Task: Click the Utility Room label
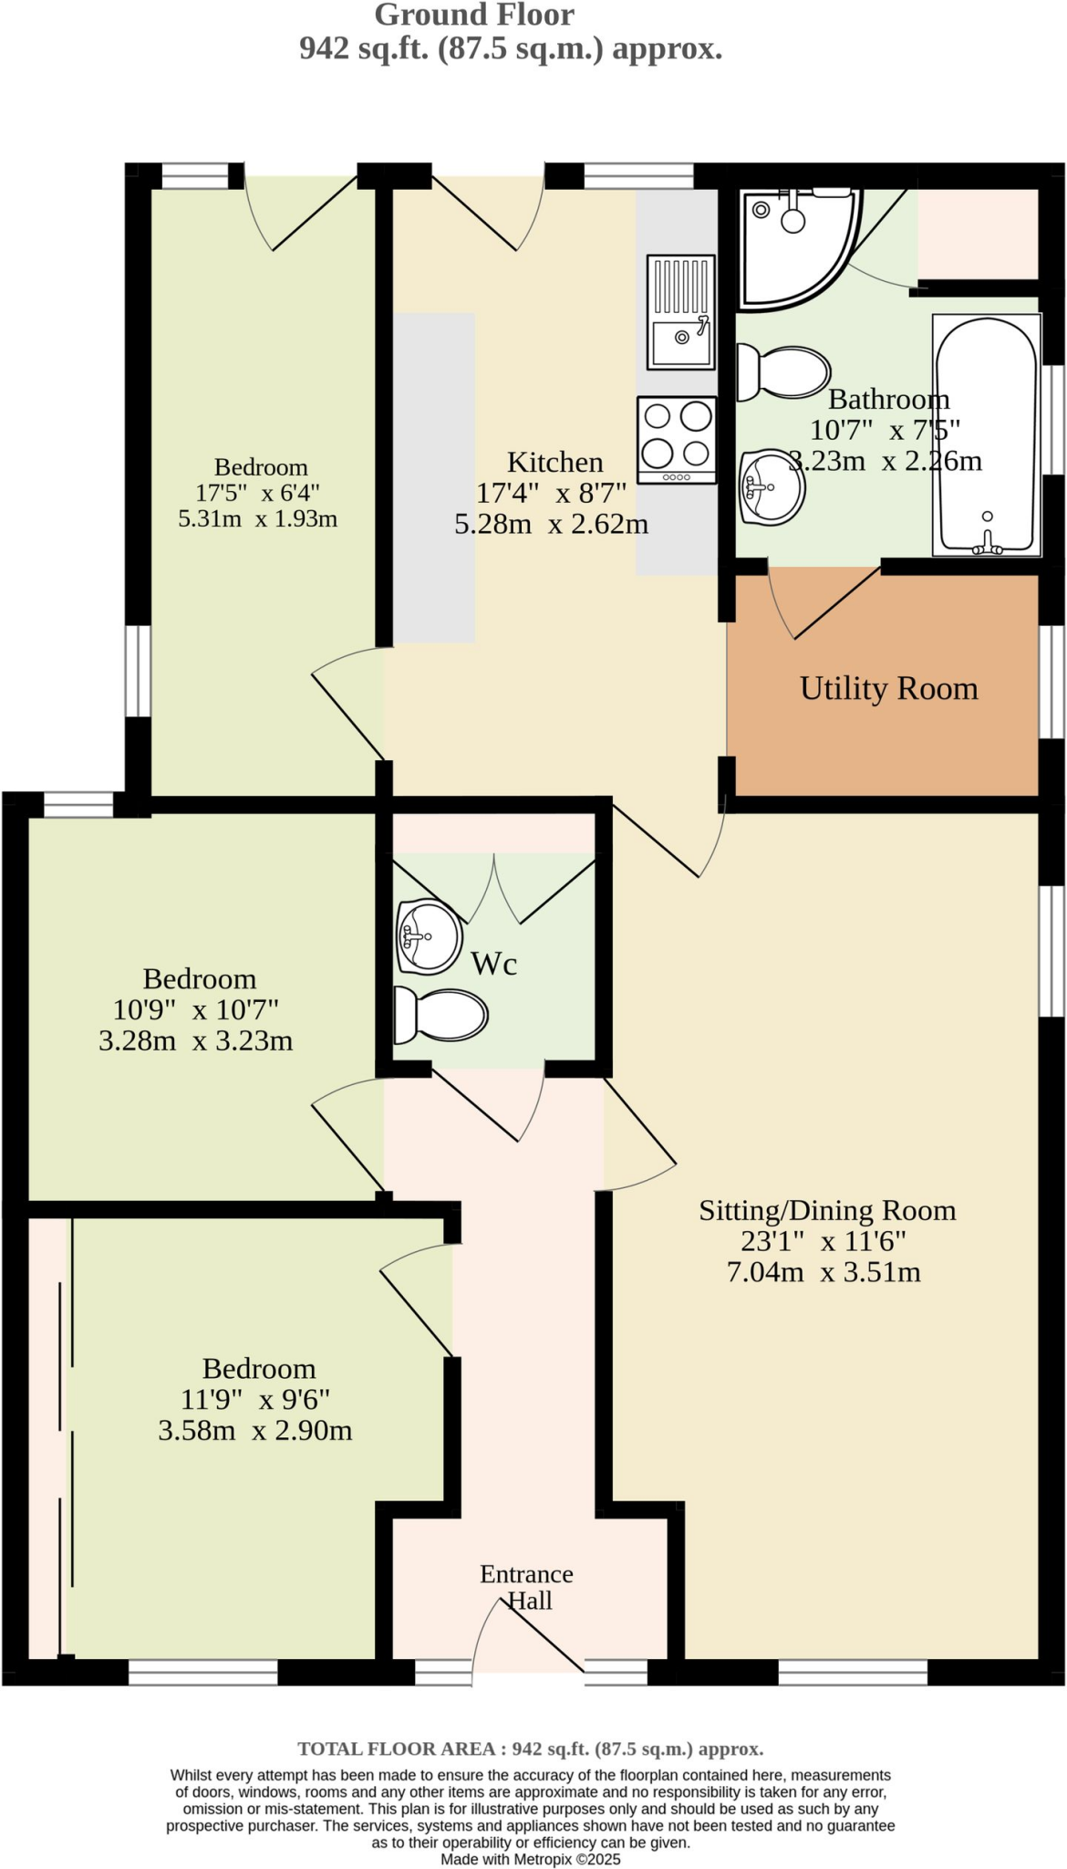pyautogui.click(x=888, y=689)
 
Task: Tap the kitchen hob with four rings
pyautogui.click(x=677, y=439)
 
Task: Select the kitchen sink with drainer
pyautogui.click(x=680, y=312)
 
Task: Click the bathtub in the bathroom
pyautogui.click(x=987, y=435)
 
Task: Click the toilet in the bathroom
pyautogui.click(x=782, y=372)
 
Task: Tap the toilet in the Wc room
pyautogui.click(x=440, y=1016)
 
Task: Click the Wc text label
pyautogui.click(x=493, y=964)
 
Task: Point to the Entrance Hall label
pyautogui.click(x=527, y=1587)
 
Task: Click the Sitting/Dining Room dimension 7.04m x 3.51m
pyautogui.click(x=824, y=1272)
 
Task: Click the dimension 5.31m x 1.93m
pyautogui.click(x=257, y=519)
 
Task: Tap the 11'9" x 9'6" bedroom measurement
pyautogui.click(x=255, y=1399)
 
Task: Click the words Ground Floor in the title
pyautogui.click(x=474, y=15)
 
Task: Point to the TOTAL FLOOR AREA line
pyautogui.click(x=530, y=1749)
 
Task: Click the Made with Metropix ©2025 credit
pyautogui.click(x=530, y=1859)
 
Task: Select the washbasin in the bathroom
pyautogui.click(x=772, y=486)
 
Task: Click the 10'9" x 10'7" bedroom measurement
pyautogui.click(x=195, y=1010)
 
